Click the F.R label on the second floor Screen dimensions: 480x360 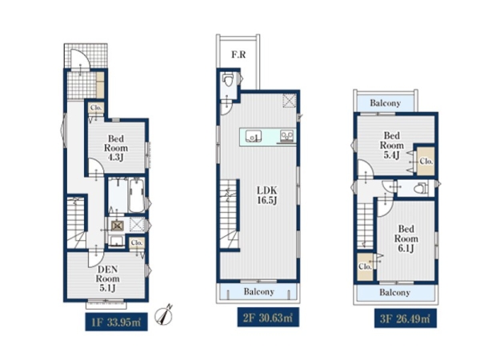[238, 54]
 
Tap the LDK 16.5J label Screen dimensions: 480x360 [267, 196]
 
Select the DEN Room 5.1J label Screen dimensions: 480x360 [107, 278]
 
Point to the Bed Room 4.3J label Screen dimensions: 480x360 [116, 148]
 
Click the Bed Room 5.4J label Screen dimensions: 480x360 [392, 145]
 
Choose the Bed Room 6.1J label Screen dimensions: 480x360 [406, 238]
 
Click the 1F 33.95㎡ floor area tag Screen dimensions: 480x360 [116, 322]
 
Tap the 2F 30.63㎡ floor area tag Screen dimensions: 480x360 [268, 318]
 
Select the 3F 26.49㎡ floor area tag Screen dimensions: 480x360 [406, 318]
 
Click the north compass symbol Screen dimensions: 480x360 [164, 315]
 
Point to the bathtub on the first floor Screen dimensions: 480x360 [137, 196]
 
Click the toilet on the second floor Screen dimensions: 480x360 [228, 80]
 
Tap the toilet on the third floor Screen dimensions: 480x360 [422, 188]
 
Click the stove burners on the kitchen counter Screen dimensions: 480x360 [287, 135]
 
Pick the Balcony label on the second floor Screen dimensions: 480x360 [259, 292]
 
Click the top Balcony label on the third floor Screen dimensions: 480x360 [385, 103]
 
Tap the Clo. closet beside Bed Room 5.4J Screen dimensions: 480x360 [426, 162]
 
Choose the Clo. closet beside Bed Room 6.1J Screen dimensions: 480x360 [365, 266]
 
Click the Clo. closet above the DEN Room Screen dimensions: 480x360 [137, 243]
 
